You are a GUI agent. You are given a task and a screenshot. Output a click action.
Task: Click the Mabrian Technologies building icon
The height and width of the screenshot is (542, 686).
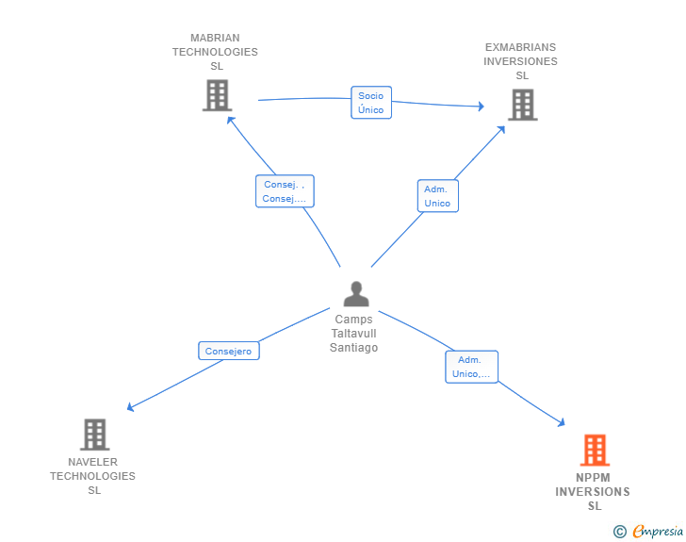(217, 95)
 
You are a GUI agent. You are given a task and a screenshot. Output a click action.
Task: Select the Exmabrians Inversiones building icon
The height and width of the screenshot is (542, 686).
(522, 105)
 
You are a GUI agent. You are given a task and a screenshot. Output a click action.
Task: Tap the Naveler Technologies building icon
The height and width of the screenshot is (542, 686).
(94, 435)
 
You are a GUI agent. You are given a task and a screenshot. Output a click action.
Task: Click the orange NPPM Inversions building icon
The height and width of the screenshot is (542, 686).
(595, 451)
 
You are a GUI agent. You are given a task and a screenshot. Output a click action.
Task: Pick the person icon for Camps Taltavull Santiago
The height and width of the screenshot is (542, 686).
(356, 294)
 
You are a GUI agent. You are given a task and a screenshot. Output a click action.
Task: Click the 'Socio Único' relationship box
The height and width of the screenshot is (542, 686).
(370, 103)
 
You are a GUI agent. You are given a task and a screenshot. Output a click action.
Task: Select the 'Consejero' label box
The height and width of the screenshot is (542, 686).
(228, 351)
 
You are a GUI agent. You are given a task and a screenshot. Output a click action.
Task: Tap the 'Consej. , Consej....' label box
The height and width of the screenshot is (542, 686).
(284, 191)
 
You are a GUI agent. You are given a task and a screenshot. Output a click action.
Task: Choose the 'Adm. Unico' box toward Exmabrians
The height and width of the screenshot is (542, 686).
(437, 196)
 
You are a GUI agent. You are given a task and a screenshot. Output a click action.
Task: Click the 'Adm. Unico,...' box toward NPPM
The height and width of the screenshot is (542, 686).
(470, 367)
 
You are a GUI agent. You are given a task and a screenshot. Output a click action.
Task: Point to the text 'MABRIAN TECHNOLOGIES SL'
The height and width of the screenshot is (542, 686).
(215, 53)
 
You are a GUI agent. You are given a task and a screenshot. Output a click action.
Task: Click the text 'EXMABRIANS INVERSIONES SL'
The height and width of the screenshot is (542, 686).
(521, 61)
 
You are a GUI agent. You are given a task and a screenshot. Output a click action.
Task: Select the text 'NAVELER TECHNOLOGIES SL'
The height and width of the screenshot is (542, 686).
(92, 476)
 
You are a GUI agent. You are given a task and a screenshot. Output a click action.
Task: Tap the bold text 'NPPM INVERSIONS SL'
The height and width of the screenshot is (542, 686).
(593, 491)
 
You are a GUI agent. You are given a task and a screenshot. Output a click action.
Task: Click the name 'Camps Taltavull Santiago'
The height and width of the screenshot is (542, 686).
(354, 334)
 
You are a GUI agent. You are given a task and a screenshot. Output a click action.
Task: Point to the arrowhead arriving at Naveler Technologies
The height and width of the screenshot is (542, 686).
(131, 407)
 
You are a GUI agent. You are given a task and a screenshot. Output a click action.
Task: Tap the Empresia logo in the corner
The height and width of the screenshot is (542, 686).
(658, 531)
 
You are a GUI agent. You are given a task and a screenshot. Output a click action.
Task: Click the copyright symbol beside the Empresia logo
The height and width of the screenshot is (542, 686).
(620, 532)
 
